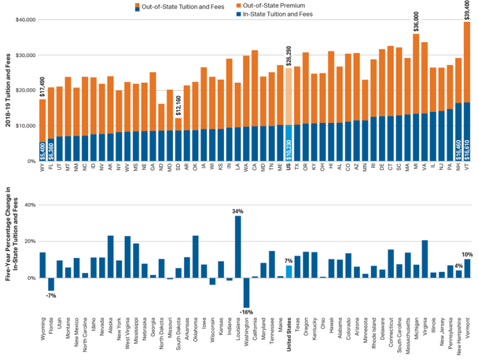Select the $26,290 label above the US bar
[288, 56]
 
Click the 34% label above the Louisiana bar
[238, 211]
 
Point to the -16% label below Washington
[246, 313]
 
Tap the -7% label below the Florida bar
[51, 296]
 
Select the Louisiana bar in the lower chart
[238, 247]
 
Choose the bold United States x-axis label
[289, 334]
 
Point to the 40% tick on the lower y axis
[29, 205]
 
